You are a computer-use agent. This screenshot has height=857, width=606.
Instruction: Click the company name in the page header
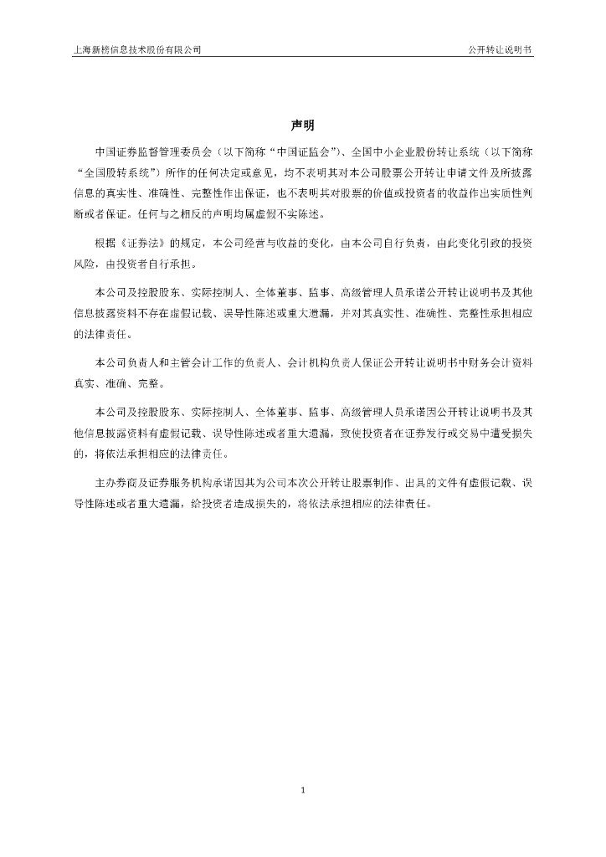(x=137, y=49)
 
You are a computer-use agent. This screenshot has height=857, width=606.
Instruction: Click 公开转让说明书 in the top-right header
(x=500, y=49)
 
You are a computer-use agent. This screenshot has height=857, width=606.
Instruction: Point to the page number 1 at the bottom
(x=303, y=789)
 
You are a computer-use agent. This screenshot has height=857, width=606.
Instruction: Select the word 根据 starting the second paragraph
(x=106, y=244)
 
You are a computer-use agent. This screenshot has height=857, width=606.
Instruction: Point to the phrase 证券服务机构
(x=177, y=485)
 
